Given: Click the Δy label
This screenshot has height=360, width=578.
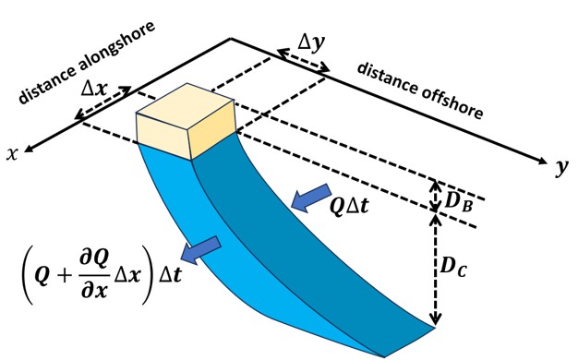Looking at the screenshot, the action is (311, 44).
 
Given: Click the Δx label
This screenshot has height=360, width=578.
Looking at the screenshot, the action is (95, 89).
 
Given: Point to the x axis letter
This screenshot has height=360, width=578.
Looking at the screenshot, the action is (12, 153).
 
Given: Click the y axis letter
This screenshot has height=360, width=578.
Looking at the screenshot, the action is (562, 168).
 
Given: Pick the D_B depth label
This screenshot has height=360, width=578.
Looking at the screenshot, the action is (459, 201).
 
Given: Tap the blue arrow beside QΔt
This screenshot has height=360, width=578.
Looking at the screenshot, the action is (310, 198).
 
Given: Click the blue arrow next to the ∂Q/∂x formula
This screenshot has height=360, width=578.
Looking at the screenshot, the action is (200, 250).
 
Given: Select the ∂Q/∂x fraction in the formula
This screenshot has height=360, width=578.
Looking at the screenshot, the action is (95, 275).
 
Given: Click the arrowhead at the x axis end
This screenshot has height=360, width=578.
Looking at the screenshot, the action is (28, 149).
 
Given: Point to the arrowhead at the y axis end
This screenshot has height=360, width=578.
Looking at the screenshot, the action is (543, 161).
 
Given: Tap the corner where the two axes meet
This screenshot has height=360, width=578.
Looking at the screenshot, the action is (231, 38).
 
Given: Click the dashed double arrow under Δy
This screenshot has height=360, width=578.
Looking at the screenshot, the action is (304, 60).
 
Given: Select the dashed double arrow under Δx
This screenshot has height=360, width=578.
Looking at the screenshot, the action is (102, 102).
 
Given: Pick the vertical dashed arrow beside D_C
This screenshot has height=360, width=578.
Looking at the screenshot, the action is (436, 270).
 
